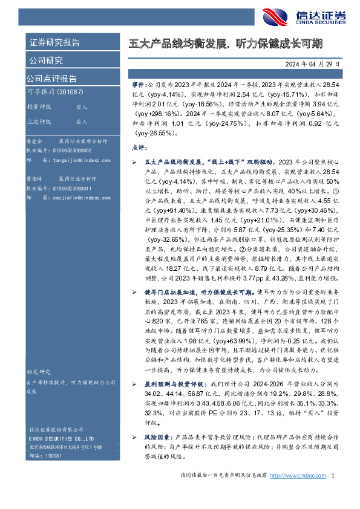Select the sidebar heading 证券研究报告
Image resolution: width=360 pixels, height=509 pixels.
54,43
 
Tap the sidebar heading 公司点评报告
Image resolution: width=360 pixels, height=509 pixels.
51,78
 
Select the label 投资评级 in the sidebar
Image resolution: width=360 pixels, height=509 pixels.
39,106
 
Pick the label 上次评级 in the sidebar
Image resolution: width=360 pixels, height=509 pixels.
39,122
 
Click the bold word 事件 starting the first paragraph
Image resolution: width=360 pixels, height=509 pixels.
138,87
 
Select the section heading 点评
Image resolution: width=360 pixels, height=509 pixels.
139,148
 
